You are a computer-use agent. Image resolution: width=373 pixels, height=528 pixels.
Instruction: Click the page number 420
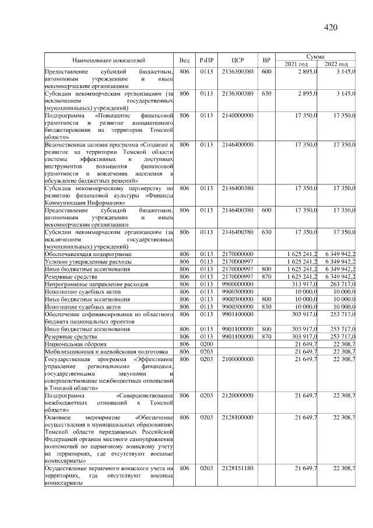coord(331,27)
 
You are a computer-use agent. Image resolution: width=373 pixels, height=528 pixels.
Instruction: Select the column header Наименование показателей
coord(108,60)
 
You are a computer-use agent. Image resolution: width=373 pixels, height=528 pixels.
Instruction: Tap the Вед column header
coord(184,60)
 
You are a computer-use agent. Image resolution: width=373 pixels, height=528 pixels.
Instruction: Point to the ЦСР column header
coord(237,60)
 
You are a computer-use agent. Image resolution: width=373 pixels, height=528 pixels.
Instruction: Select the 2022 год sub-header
coord(335,64)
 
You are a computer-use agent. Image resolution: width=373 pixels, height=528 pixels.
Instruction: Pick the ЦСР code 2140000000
coord(237,116)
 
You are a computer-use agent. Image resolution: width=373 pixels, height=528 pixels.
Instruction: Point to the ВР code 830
coord(267,306)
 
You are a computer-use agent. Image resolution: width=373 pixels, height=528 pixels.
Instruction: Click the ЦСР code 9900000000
coord(237,284)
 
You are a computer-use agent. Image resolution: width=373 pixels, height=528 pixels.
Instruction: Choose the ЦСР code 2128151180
coord(237,468)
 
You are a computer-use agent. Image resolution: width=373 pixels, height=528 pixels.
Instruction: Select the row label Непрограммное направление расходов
coord(96,284)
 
